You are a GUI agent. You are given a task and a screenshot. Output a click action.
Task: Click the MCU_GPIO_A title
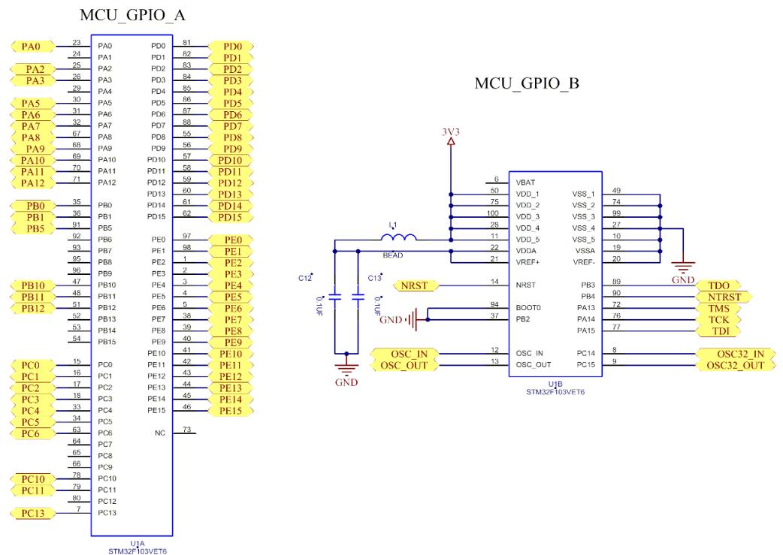(132, 15)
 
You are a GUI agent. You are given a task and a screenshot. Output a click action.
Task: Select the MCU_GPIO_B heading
(527, 83)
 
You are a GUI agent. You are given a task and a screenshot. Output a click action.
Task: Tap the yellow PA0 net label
(32, 47)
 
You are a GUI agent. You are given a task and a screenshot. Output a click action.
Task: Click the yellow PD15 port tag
(230, 217)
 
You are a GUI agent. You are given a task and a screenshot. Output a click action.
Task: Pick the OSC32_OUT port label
(736, 365)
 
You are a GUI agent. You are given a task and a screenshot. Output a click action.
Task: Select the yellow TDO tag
(718, 285)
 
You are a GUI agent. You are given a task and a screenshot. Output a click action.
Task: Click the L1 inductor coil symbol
(398, 237)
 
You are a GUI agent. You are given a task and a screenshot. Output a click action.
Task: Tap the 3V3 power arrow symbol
(451, 141)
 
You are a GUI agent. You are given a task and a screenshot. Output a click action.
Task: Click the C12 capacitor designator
(305, 278)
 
